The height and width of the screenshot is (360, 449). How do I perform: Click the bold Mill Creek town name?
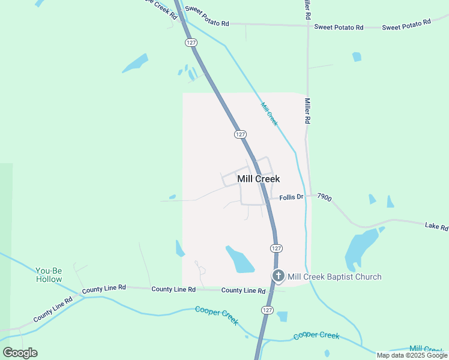[259, 179]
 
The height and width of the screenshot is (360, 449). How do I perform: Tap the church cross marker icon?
[279, 276]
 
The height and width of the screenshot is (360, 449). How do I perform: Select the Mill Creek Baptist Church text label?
[334, 277]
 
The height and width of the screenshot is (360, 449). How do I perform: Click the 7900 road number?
[324, 196]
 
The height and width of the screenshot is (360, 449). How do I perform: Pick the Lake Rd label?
[436, 227]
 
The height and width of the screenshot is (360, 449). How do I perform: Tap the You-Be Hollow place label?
[49, 275]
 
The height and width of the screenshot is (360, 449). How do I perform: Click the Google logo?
[20, 353]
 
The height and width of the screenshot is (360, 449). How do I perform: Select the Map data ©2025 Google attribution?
[412, 355]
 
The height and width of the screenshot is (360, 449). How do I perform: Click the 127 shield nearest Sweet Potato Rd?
[191, 43]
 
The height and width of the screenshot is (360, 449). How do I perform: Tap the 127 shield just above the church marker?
[276, 248]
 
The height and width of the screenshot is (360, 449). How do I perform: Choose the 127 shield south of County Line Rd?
[267, 310]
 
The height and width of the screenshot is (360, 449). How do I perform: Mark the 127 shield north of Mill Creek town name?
[240, 134]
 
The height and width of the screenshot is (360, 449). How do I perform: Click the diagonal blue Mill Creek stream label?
[270, 114]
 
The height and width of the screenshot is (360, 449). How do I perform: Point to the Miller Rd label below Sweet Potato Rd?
[307, 111]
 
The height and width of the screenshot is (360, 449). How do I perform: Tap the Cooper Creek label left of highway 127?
[217, 315]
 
